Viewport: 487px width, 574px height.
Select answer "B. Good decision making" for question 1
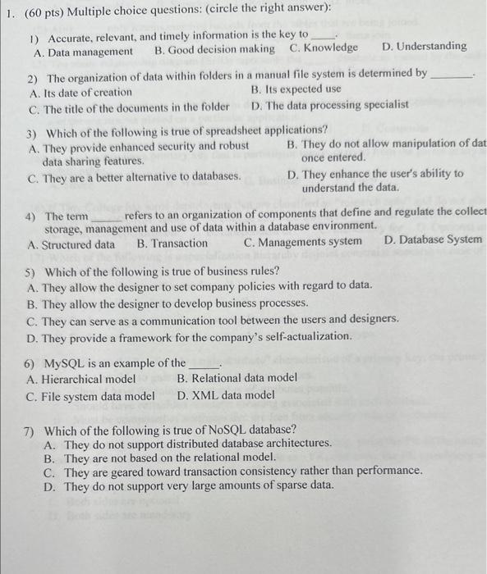tap(214, 48)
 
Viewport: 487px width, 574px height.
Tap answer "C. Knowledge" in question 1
tap(324, 48)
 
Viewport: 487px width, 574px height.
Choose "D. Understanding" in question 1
tap(425, 46)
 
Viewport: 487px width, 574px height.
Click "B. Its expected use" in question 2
tap(296, 89)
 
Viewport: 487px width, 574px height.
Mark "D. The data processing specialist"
tap(329, 105)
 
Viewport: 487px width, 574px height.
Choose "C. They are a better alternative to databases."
tap(134, 175)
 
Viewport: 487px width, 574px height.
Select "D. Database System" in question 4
tap(433, 239)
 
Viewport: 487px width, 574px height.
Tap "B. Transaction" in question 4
tap(172, 243)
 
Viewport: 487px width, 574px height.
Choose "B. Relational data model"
tap(237, 378)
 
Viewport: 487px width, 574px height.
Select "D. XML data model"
tap(226, 394)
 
